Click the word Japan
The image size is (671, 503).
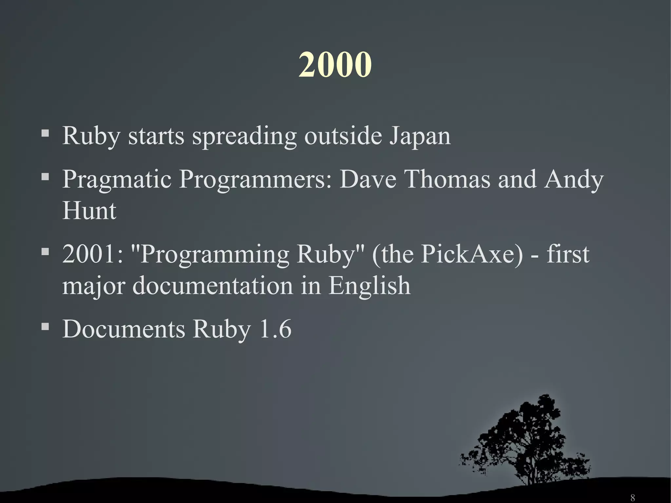[420, 136]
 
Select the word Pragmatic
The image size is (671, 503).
[117, 180]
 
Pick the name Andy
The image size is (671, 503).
[574, 180]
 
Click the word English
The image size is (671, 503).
[369, 285]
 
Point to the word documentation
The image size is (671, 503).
[213, 285]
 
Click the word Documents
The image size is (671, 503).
[124, 329]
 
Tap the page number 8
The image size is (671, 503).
[632, 497]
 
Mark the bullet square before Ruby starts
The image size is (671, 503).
[45, 133]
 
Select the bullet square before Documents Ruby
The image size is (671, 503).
[45, 326]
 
